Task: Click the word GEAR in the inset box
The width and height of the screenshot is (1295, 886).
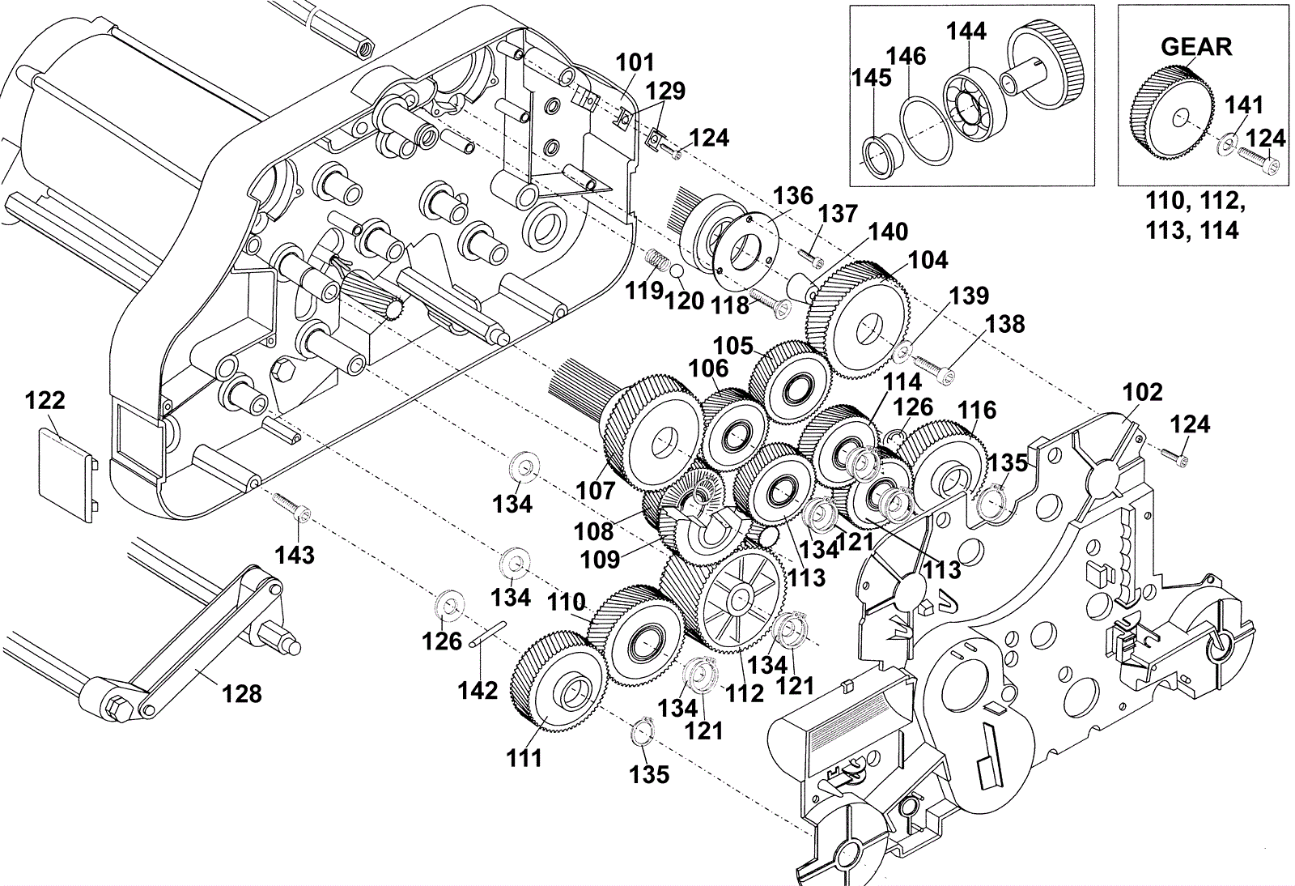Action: tap(1196, 47)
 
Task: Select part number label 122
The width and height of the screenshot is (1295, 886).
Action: tap(45, 401)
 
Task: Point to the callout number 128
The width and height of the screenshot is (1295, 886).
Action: tap(242, 692)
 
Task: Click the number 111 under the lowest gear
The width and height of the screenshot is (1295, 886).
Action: tap(524, 757)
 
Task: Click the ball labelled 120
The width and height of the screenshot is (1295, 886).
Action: tap(677, 272)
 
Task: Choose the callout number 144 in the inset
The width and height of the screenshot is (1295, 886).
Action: tap(966, 31)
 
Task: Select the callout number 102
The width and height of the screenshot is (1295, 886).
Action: tap(1142, 393)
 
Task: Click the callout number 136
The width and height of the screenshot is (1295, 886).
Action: tap(793, 196)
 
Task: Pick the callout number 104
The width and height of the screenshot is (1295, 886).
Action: tap(928, 260)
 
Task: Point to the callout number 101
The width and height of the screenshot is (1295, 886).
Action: tap(635, 62)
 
